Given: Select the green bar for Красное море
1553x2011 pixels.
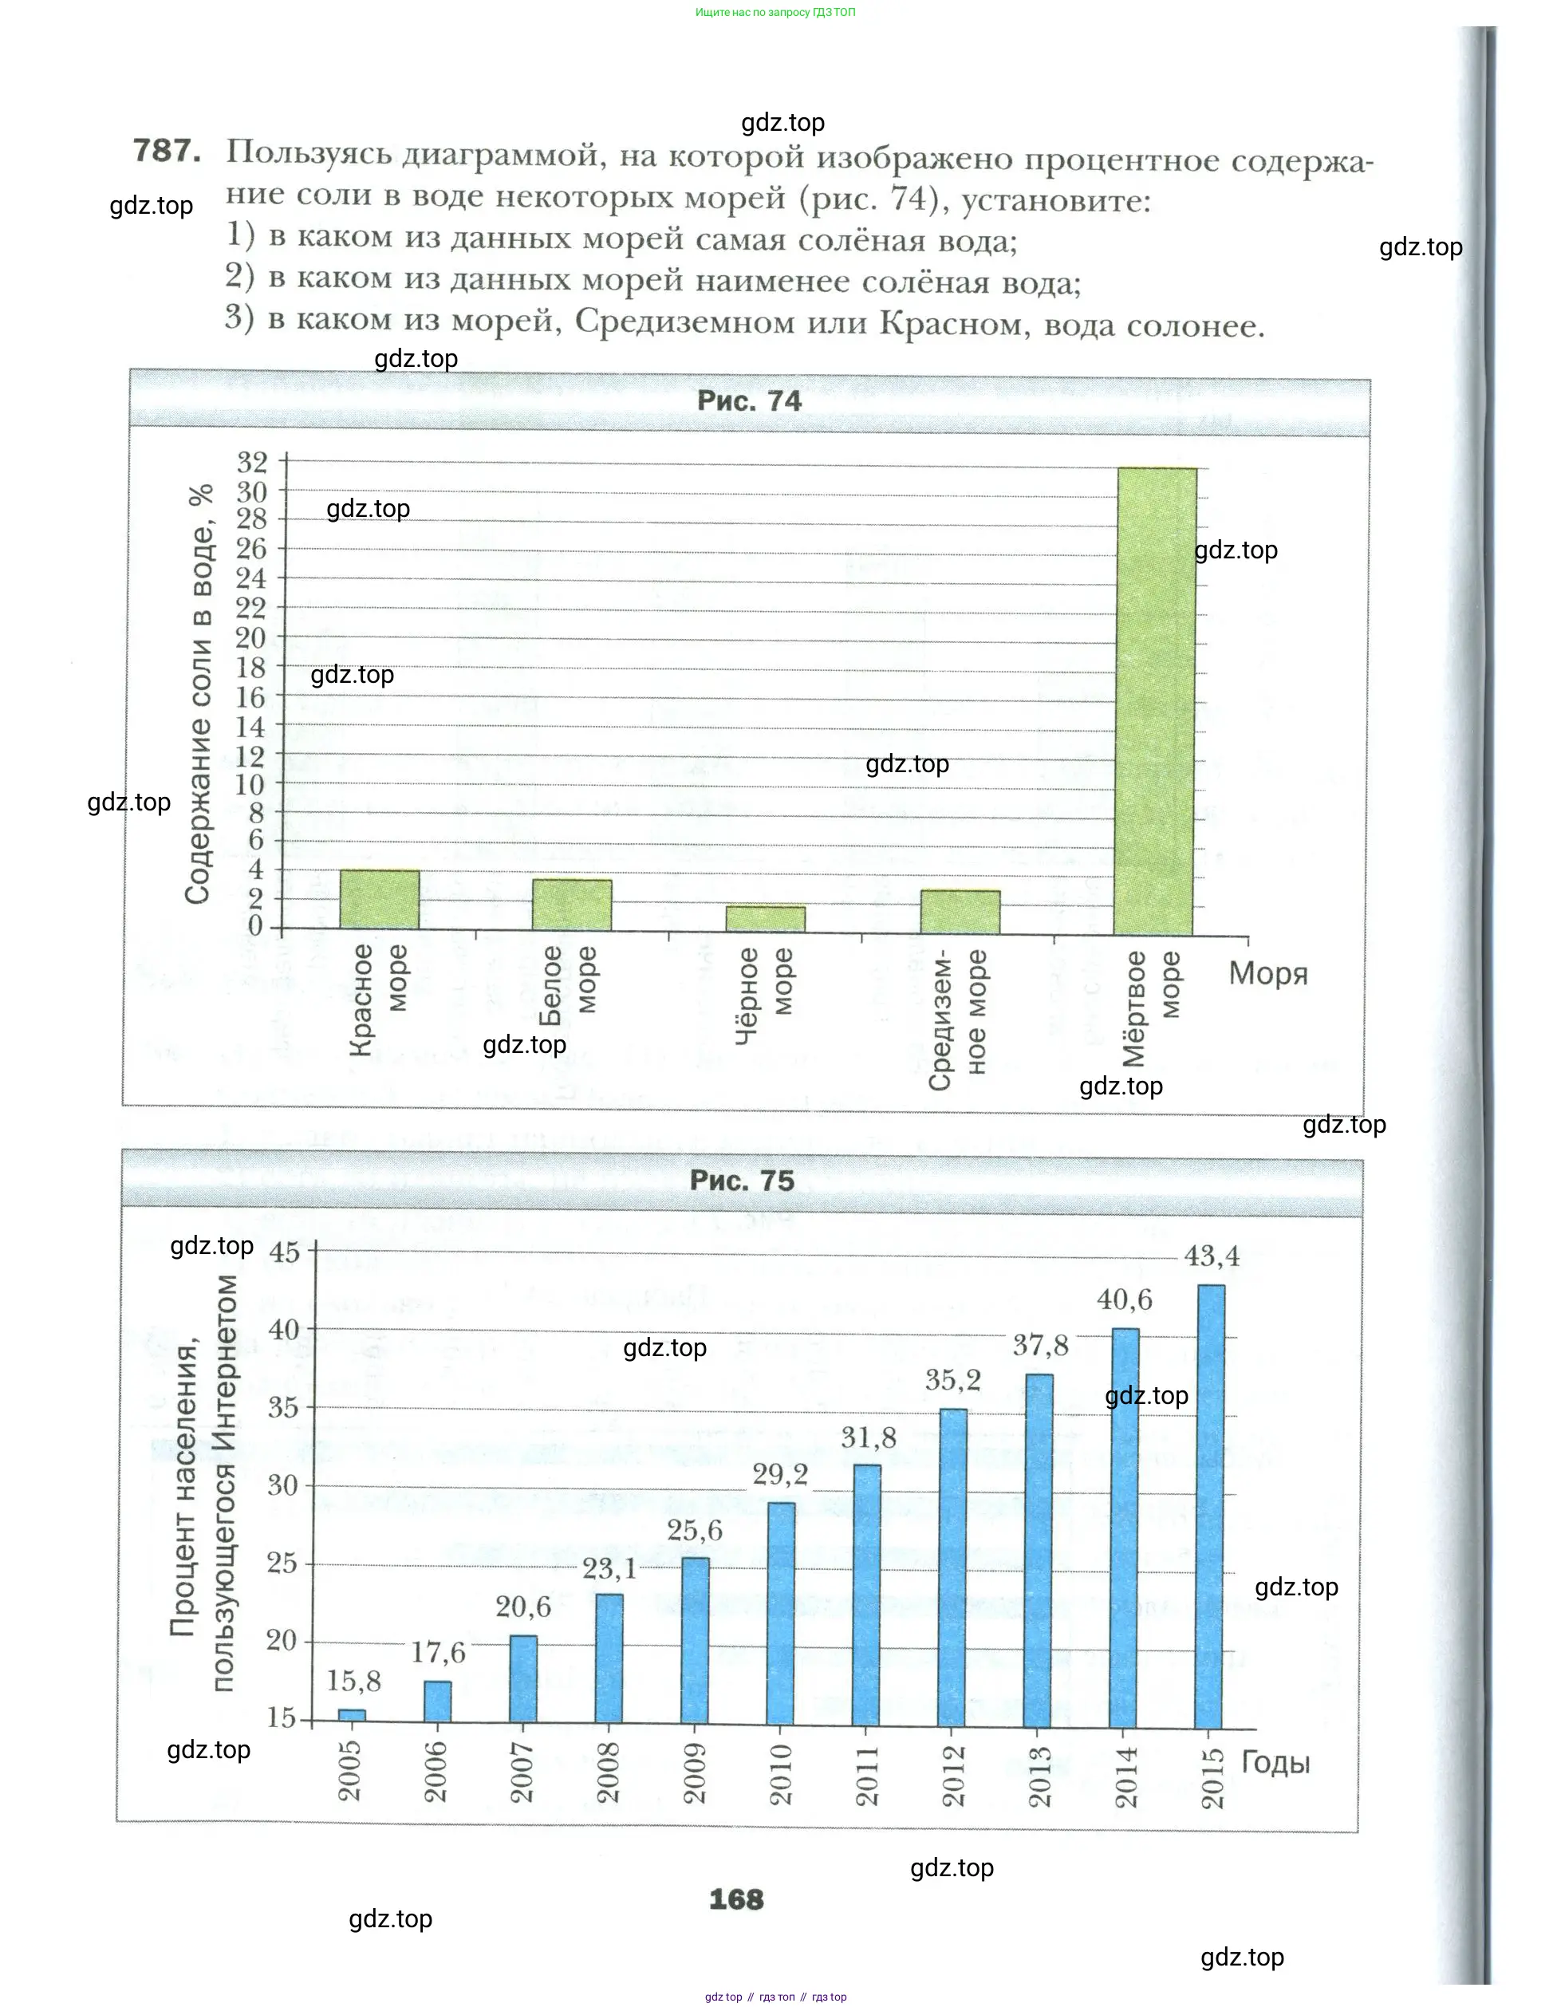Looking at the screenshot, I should [x=379, y=900].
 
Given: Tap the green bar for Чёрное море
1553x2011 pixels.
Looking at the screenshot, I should [x=765, y=919].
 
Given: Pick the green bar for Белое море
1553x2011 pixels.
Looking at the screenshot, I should [x=572, y=905].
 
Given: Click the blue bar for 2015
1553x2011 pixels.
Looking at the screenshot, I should [x=1210, y=1506].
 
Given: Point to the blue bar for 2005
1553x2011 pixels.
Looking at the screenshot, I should [x=351, y=1715].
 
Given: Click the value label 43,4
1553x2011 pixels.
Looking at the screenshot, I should [x=1212, y=1256].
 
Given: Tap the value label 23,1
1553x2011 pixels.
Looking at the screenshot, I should [x=609, y=1568].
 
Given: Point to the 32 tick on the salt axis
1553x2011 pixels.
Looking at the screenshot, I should [x=252, y=461].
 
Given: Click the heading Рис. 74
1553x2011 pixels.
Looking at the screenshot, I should [x=749, y=401].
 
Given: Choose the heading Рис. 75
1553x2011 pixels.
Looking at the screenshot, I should [x=742, y=1181].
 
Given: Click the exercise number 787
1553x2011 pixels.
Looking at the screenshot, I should [x=168, y=150].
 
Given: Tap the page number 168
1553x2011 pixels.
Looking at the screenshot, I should [x=736, y=1899].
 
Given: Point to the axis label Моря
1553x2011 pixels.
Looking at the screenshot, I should [x=1267, y=973].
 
